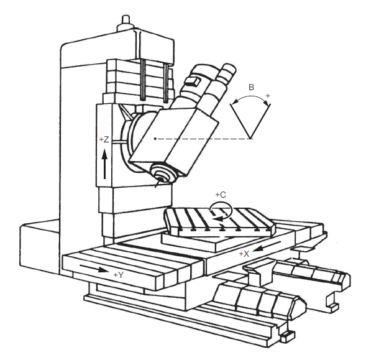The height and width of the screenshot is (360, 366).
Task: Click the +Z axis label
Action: click(104, 139)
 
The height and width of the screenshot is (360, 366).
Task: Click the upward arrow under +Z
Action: click(105, 164)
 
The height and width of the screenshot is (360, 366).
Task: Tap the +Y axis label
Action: click(119, 275)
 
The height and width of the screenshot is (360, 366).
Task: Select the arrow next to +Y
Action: click(94, 269)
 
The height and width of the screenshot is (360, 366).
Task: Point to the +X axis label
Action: click(244, 254)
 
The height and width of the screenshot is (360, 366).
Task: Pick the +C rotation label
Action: click(221, 195)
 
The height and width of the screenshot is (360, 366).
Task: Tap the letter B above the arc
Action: click(251, 87)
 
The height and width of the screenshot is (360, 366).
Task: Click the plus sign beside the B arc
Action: click(268, 96)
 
